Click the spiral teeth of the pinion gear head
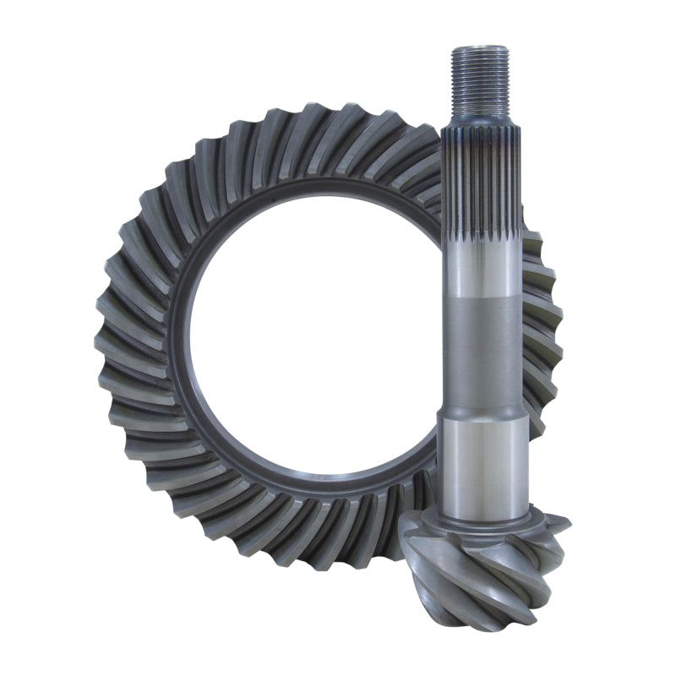(473, 562)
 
